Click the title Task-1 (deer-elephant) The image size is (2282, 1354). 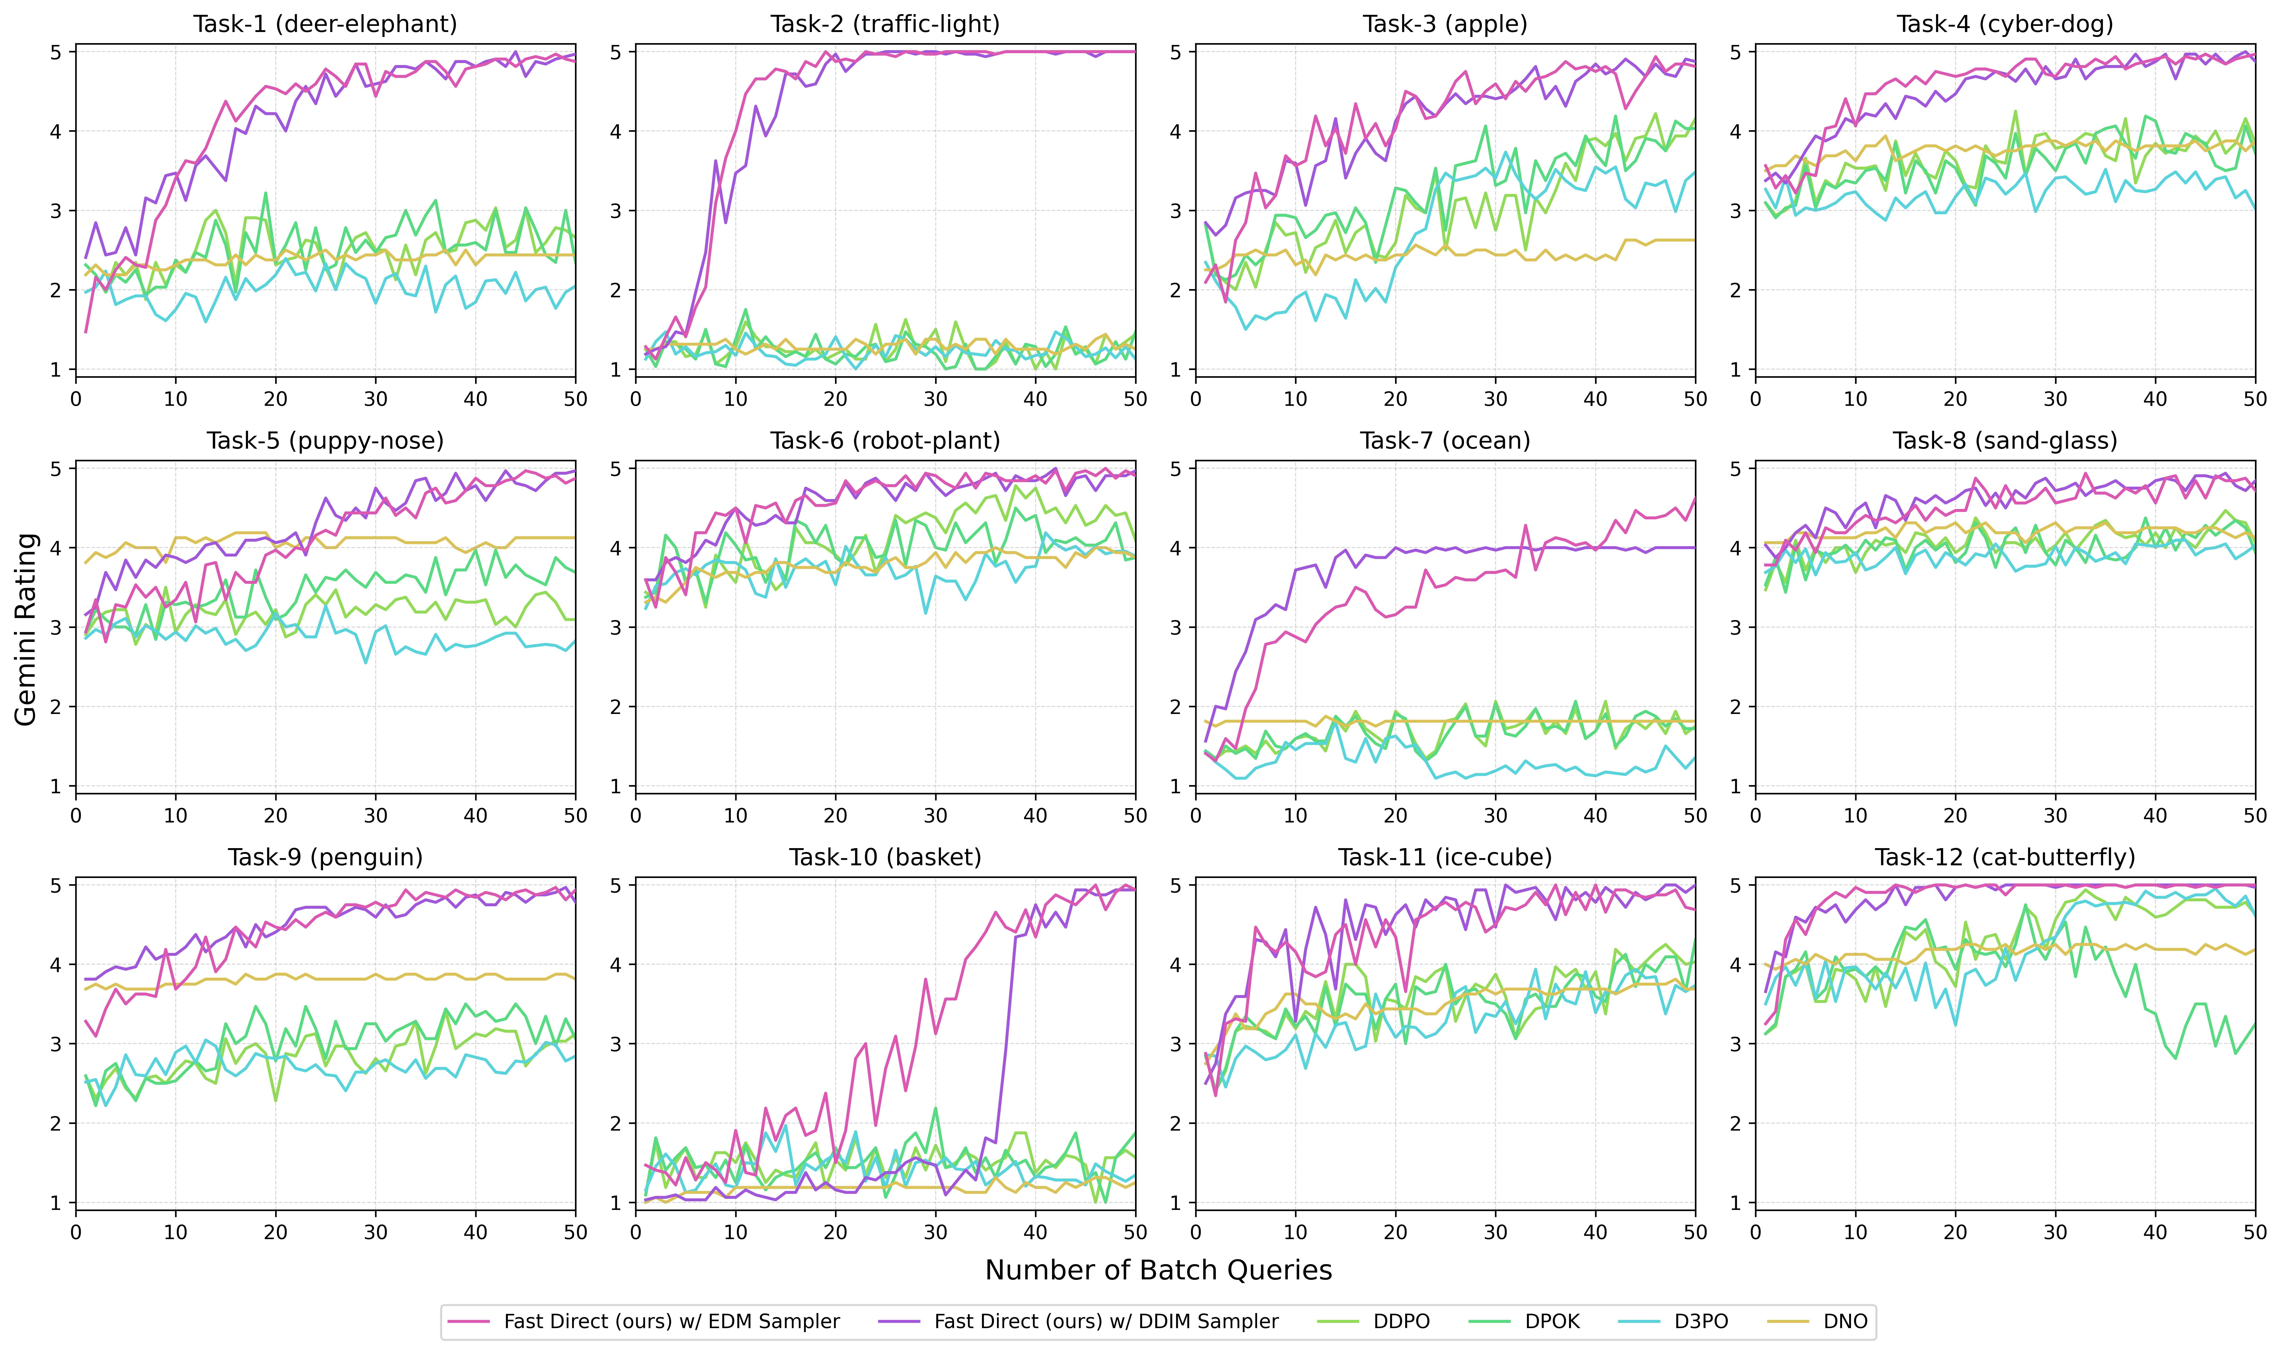pyautogui.click(x=325, y=24)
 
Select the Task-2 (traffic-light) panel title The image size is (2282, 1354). pyautogui.click(x=884, y=24)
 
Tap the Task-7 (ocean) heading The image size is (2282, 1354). pyautogui.click(x=1445, y=441)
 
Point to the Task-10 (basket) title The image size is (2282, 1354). pyautogui.click(x=884, y=858)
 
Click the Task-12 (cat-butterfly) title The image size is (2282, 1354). pyautogui.click(x=2005, y=858)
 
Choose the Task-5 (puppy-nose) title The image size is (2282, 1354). pyautogui.click(x=325, y=441)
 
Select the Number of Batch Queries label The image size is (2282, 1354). pyautogui.click(x=1158, y=1270)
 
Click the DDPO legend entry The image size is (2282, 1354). pyautogui.click(x=1401, y=1321)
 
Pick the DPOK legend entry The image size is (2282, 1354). pyautogui.click(x=1552, y=1321)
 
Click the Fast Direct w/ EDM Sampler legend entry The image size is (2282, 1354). pyautogui.click(x=671, y=1321)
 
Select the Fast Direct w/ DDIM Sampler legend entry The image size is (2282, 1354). pyautogui.click(x=1105, y=1321)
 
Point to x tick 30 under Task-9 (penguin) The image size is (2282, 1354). pyautogui.click(x=375, y=1233)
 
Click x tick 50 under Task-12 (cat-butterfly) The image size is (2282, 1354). pyautogui.click(x=2255, y=1233)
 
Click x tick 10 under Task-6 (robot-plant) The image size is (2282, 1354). pyautogui.click(x=736, y=816)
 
